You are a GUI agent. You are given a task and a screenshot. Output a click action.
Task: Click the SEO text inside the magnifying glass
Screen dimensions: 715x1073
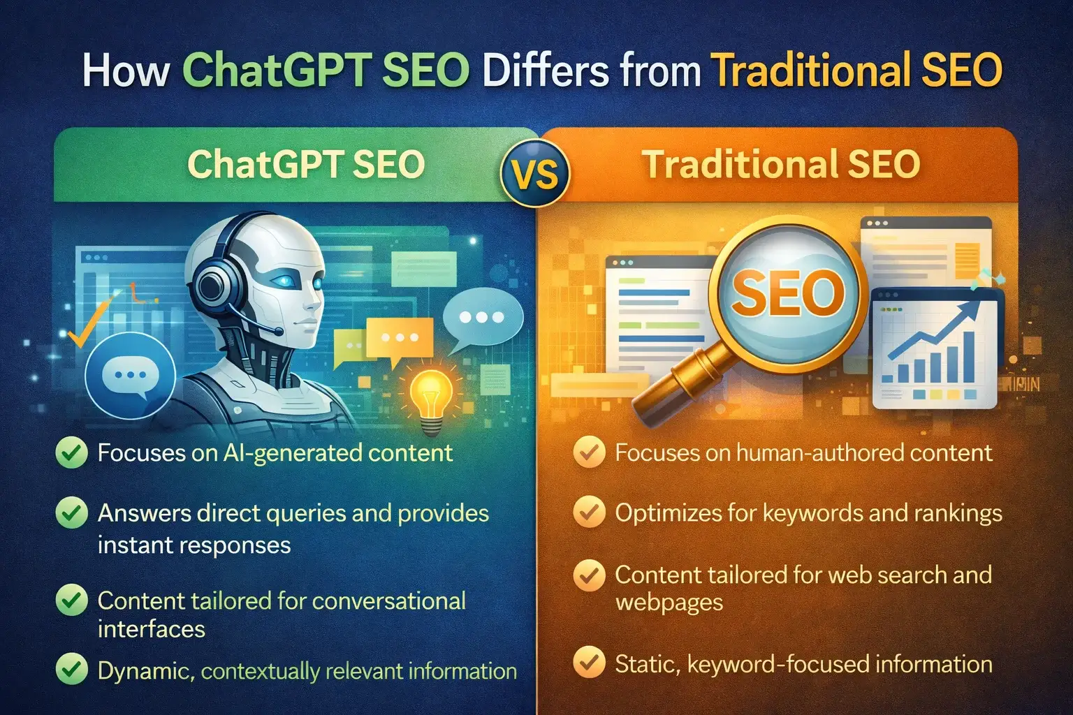[x=788, y=292]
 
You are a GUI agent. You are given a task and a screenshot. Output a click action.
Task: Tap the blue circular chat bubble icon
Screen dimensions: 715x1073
[x=130, y=376]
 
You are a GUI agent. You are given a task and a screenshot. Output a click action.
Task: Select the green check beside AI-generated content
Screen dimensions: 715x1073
[x=71, y=453]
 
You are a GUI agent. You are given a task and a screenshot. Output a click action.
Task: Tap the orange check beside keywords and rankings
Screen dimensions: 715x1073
[x=589, y=513]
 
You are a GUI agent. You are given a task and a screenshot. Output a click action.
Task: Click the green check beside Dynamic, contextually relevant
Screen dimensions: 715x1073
[x=71, y=670]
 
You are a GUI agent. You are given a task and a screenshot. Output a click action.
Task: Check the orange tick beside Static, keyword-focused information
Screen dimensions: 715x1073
[x=589, y=663]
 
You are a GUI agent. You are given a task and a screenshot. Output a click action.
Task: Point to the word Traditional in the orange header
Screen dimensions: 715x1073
[x=739, y=165]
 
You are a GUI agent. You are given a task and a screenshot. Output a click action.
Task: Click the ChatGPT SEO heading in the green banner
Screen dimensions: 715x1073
[x=306, y=165]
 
